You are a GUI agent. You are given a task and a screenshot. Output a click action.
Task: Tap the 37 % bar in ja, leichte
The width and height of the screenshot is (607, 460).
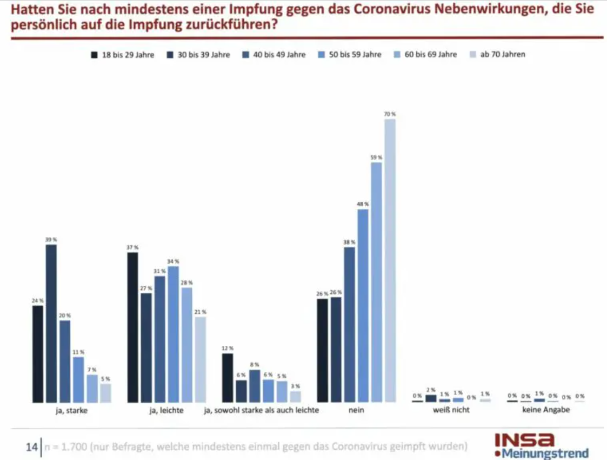coord(132,327)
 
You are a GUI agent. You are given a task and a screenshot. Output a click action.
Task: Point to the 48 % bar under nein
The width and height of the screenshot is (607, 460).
coord(363,306)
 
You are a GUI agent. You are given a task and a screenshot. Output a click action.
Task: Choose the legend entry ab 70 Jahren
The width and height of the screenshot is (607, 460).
coord(502,55)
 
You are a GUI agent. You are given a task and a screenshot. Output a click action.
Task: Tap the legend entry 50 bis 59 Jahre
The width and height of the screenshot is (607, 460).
coord(355,55)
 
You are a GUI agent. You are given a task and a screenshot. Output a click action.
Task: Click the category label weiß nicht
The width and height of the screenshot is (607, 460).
coord(451,410)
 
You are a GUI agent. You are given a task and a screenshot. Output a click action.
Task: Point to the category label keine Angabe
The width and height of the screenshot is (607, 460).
coord(546,410)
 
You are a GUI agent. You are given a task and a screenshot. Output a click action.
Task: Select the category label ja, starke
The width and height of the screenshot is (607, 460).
coord(72,410)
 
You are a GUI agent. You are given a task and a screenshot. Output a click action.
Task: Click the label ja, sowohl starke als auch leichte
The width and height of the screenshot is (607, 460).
coord(262,410)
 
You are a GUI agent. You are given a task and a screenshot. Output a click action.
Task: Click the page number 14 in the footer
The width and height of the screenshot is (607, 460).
coord(31,447)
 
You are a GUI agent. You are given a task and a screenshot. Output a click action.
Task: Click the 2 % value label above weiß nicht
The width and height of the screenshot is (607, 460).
coord(431,390)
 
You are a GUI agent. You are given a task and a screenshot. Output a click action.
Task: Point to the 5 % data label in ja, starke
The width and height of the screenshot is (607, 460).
coord(105,379)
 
